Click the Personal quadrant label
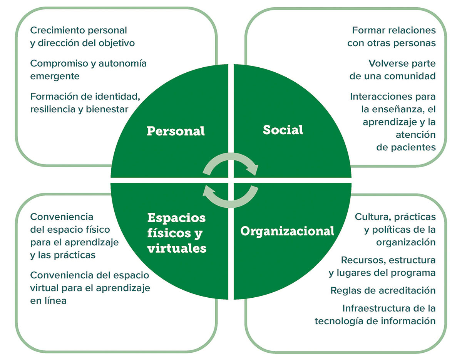tap(176, 131)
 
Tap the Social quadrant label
tap(283, 130)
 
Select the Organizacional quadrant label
tap(287, 231)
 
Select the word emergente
tap(55, 76)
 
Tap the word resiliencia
tap(53, 110)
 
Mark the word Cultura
tap(370, 217)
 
